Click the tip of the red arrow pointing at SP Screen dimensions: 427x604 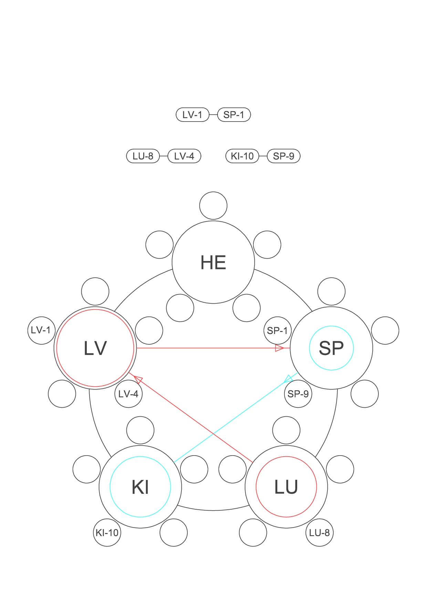[x=290, y=348]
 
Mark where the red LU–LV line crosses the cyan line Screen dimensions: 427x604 [x=214, y=434]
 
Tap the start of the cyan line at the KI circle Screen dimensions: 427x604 [x=174, y=462]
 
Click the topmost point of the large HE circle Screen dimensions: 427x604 [x=213, y=221]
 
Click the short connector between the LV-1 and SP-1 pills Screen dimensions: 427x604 [x=213, y=115]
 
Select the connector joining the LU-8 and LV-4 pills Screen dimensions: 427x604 [x=164, y=156]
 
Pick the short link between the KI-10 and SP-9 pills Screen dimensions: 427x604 [x=263, y=156]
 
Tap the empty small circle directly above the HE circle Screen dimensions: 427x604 [x=213, y=206]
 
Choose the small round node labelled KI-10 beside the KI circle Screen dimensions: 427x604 [x=107, y=532]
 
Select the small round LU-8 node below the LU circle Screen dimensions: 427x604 [x=320, y=532]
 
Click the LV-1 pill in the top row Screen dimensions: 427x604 [x=192, y=115]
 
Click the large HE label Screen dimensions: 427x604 [x=213, y=262]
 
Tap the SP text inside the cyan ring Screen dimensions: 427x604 [x=331, y=348]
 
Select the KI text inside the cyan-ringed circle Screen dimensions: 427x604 [x=140, y=487]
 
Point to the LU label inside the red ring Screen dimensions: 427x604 [x=286, y=487]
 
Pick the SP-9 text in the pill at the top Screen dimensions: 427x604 [x=284, y=156]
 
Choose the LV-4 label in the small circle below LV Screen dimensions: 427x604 [x=128, y=394]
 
